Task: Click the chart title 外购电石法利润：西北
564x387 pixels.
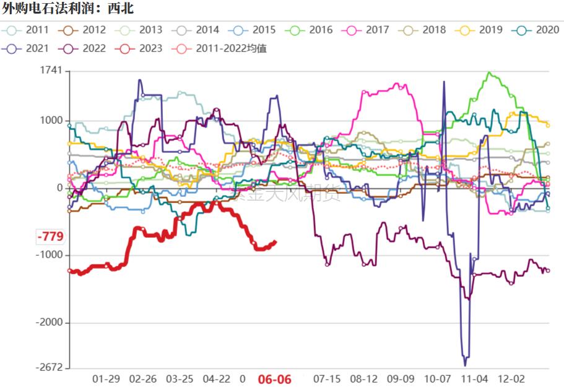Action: tap(68, 9)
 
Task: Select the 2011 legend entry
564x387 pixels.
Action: tap(28, 30)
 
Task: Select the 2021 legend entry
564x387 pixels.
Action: tap(28, 48)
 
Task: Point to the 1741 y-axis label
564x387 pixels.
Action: tap(51, 71)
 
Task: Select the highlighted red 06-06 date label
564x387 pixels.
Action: tap(274, 379)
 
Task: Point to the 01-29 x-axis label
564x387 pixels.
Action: tap(106, 378)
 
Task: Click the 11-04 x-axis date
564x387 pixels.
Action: tap(475, 378)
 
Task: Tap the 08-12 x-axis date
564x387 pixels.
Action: tap(363, 378)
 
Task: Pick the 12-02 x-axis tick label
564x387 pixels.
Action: tap(512, 378)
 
